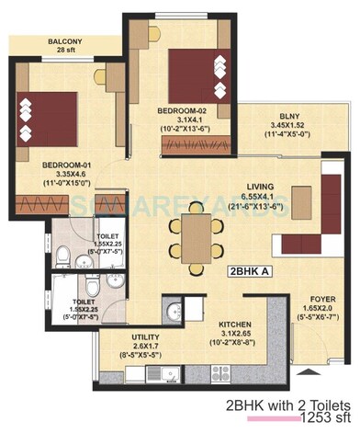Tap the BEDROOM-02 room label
click(186, 109)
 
